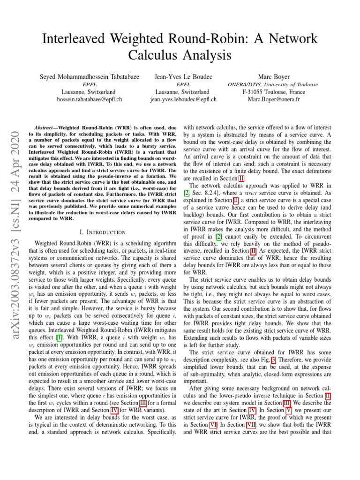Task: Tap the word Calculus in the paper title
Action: (x=156, y=55)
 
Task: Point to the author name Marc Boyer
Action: (x=274, y=77)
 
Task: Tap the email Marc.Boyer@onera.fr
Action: (x=274, y=99)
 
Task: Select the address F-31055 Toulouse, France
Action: (x=274, y=92)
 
